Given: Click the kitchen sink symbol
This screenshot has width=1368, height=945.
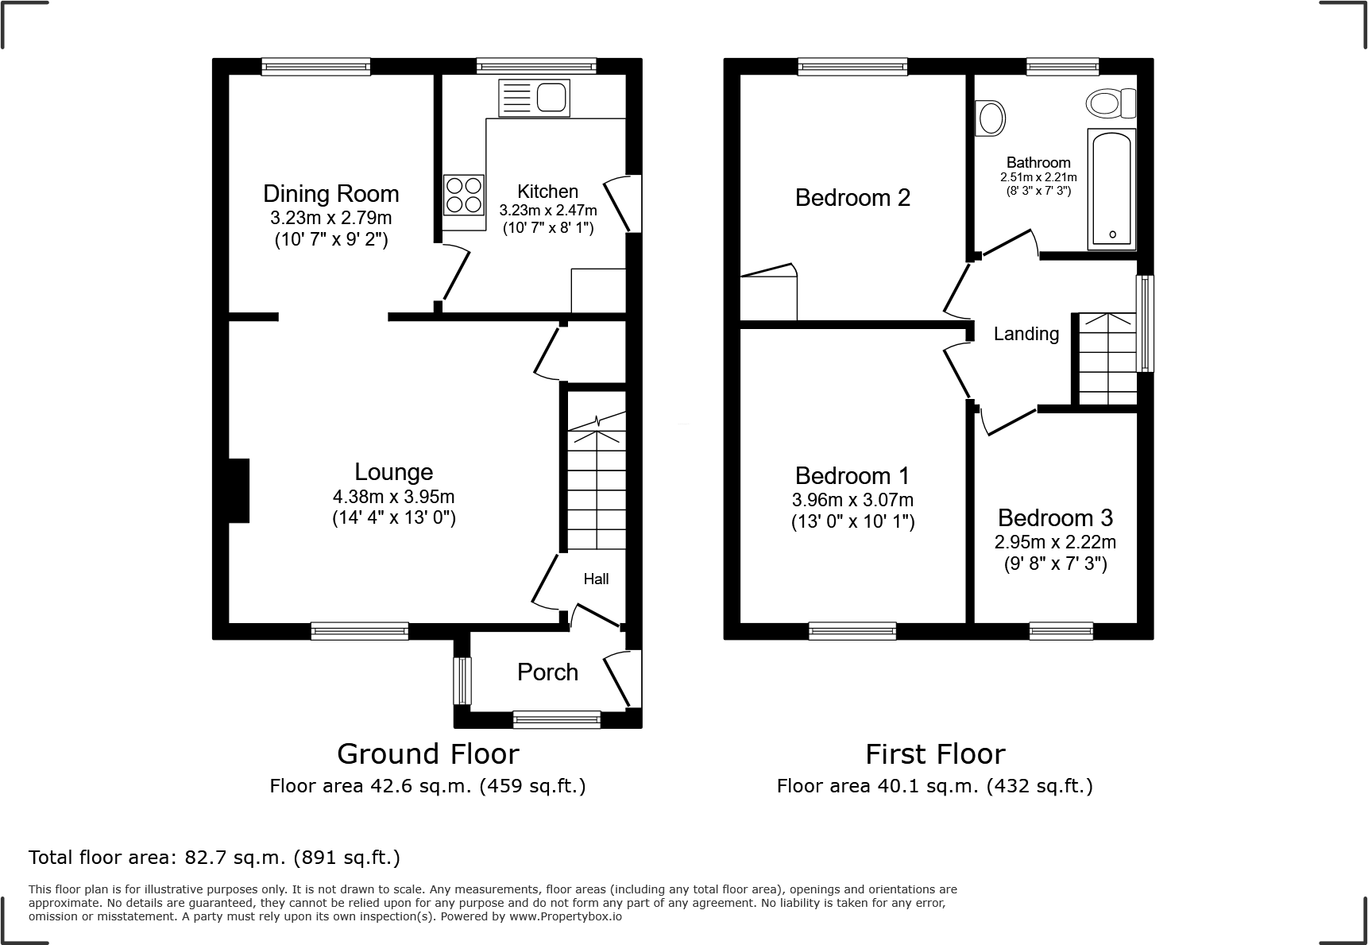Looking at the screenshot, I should point(534,98).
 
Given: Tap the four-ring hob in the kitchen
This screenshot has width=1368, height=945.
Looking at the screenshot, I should point(464,195).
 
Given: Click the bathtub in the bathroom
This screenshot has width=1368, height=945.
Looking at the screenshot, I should point(1111,188).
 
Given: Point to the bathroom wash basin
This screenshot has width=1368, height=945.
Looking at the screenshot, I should point(989,118).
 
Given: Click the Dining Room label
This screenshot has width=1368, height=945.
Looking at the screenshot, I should point(330,194).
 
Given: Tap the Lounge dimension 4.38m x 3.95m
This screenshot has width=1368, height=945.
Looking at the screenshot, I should point(393,497).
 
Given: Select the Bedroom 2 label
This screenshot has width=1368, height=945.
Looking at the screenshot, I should point(852,197).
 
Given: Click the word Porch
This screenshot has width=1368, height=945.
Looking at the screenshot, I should point(547,672).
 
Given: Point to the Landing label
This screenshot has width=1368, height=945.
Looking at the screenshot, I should point(1026,334).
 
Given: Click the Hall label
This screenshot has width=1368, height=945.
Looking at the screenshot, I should point(596,579).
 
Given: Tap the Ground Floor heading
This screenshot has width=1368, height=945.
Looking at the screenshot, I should point(427,753).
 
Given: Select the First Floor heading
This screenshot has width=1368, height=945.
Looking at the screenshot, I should point(935,753).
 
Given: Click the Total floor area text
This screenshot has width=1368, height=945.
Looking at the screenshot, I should point(214,858).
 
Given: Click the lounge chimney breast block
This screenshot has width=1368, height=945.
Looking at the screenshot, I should point(238,490).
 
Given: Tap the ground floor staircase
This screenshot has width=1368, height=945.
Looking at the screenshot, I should point(597,485).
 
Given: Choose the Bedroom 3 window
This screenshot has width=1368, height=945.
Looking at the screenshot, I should point(1061,631).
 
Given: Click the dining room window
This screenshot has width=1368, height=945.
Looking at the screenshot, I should point(315,67).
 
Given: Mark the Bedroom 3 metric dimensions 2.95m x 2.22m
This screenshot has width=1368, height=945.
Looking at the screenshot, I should point(1055,542).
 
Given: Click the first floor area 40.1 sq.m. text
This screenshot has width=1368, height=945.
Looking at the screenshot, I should point(934,786).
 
